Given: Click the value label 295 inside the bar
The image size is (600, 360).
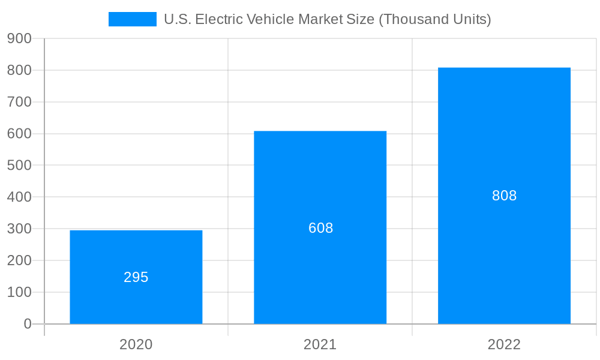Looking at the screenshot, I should point(136,277).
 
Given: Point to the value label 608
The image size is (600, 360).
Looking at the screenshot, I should point(320,228).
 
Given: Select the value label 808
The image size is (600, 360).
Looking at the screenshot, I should point(504,196).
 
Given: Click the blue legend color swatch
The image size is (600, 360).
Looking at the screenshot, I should point(132,19).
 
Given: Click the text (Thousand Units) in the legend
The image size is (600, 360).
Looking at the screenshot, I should point(435,19).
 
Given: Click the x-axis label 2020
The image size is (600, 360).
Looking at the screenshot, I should point(136,344).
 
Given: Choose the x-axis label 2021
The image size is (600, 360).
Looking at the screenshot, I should point(320,344).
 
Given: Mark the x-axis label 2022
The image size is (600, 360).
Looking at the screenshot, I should point(504,344).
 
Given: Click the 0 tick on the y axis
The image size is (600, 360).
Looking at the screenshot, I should point(28,324).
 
